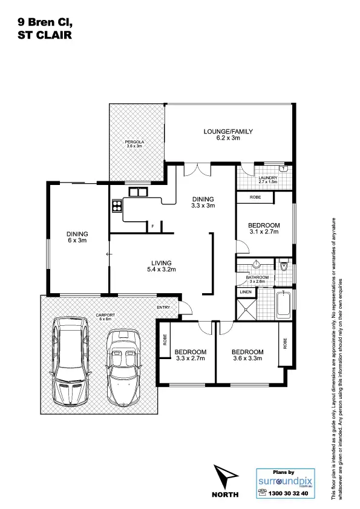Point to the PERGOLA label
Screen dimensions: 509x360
pos(133,142)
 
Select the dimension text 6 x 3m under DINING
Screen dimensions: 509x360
pos(78,241)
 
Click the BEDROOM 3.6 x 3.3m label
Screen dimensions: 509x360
pos(247,355)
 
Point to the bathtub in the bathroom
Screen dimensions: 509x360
pos(284,304)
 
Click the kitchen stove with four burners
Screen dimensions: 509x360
pos(116,207)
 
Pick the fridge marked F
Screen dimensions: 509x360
pos(152,227)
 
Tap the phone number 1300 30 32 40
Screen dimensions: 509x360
pos(287,494)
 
